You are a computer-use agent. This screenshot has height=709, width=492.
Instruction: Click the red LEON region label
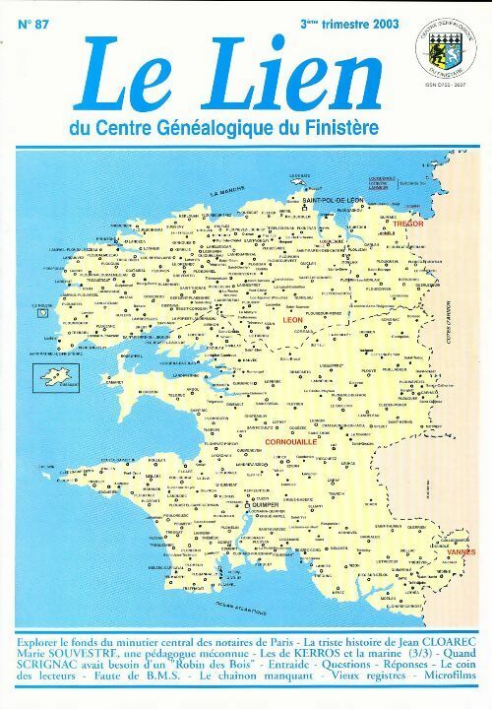pos(294,321)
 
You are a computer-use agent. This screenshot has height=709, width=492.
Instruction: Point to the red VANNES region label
pos(461,552)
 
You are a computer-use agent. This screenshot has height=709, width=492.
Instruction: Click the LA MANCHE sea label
pos(230,191)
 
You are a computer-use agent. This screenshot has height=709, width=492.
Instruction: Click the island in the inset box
pos(55,375)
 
